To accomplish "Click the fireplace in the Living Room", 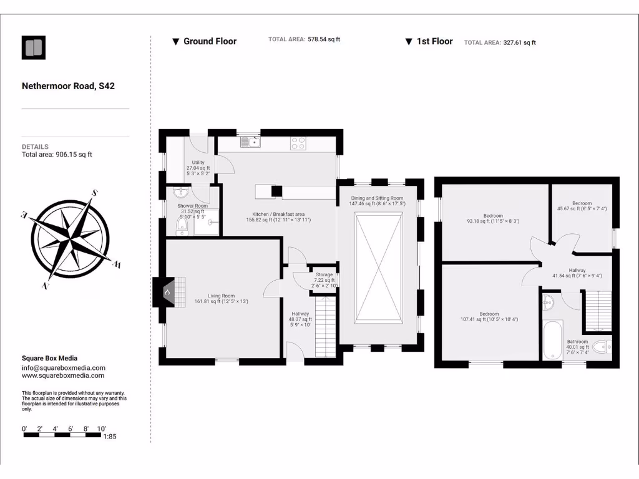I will tap(165, 291).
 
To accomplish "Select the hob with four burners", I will tap(298, 143).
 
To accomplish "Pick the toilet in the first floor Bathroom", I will tap(601, 347).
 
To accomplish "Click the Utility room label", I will tap(198, 163).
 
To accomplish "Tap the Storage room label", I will tap(324, 274).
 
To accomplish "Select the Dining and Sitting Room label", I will tap(378, 198).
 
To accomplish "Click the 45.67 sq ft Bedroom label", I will tap(582, 203).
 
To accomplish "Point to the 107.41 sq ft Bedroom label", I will tap(489, 314).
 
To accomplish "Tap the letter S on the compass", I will tap(95, 193).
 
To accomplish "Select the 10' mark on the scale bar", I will tap(101, 428).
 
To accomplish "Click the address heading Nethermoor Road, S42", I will tap(68, 86).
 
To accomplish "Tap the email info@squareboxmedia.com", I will tap(64, 368).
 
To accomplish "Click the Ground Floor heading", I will tap(210, 41).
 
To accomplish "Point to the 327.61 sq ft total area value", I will tap(519, 42).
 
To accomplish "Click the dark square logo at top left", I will tap(34, 47).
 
